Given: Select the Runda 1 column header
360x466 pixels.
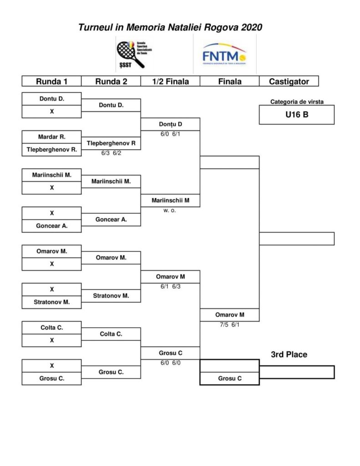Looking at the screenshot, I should pyautogui.click(x=51, y=81).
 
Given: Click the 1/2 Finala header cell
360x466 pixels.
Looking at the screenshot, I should pyautogui.click(x=170, y=81).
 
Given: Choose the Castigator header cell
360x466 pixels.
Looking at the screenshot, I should pyautogui.click(x=289, y=81).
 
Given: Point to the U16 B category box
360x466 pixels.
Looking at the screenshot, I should pyautogui.click(x=296, y=115).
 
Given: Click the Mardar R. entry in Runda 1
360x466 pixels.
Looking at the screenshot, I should pyautogui.click(x=51, y=137).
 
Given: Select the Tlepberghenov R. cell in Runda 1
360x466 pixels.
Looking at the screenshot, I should pyautogui.click(x=51, y=149).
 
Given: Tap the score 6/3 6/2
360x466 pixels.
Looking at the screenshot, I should pyautogui.click(x=111, y=153).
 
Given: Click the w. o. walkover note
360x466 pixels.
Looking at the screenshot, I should pyautogui.click(x=170, y=211).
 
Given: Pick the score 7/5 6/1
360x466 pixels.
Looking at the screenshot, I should pyautogui.click(x=229, y=325).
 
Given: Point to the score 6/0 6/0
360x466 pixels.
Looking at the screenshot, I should pyautogui.click(x=170, y=363).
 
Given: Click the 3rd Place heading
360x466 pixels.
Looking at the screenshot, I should pyautogui.click(x=289, y=355).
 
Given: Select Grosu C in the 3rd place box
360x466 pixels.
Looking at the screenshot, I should pyautogui.click(x=229, y=378).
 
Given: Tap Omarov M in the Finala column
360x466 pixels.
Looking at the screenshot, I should pyautogui.click(x=229, y=315).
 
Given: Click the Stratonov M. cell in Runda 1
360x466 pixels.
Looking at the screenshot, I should pyautogui.click(x=51, y=301).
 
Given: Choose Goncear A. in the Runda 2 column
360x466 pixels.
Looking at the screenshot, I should pyautogui.click(x=111, y=219).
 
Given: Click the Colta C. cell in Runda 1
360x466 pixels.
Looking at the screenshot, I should pyautogui.click(x=51, y=327).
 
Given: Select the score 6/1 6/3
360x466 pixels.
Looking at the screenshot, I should pyautogui.click(x=170, y=287).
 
